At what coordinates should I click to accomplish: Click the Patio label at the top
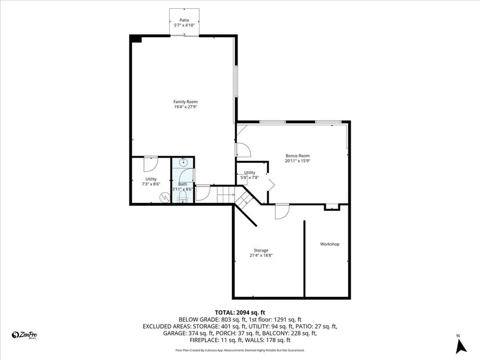click(184, 20)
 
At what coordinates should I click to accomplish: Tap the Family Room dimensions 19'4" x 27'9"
click(185, 107)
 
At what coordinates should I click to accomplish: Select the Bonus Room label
click(298, 156)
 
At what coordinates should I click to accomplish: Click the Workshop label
click(330, 244)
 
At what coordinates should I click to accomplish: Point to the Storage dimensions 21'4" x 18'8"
click(262, 255)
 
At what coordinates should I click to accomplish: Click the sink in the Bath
click(183, 163)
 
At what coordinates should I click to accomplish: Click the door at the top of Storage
click(281, 212)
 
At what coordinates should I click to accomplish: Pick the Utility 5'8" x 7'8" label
click(249, 175)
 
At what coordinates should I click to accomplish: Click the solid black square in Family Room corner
click(136, 39)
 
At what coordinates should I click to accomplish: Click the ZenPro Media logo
click(24, 335)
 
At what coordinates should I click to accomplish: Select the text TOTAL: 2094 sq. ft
click(240, 312)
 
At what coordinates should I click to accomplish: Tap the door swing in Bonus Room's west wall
click(243, 150)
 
